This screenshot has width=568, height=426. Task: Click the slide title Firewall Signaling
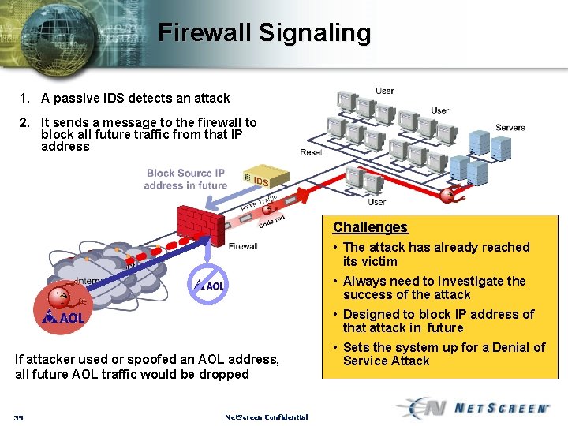[x=264, y=32]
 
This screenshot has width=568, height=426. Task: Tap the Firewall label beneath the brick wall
[x=243, y=246]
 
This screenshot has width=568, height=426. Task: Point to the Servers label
[x=510, y=127]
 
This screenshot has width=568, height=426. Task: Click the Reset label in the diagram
[x=311, y=152]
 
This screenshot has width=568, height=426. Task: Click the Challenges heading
[x=370, y=227]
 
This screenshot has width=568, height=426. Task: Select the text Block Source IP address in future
[x=185, y=179]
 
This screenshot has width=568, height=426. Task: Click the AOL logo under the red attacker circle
[x=63, y=318]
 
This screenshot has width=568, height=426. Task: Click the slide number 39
[x=18, y=417]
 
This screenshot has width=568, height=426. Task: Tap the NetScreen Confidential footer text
[x=266, y=417]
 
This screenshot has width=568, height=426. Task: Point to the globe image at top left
[x=55, y=35]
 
